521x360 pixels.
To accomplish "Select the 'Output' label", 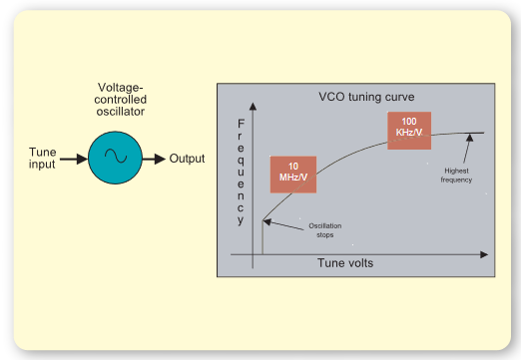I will pyautogui.click(x=187, y=158).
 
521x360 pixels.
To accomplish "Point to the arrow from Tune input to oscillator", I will pyautogui.click(x=71, y=158).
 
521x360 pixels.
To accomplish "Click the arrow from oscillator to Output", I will pyautogui.click(x=152, y=158).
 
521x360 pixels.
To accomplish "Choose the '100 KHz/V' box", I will pyautogui.click(x=410, y=127).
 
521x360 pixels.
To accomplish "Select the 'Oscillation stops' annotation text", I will pyautogui.click(x=325, y=231).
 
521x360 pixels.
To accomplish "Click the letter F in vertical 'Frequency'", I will pyautogui.click(x=241, y=125).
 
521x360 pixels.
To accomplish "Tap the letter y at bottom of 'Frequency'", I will pyautogui.click(x=241, y=220).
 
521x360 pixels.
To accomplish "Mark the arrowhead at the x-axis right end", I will pyautogui.click(x=489, y=255).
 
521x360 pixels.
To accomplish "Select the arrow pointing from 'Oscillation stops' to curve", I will pyautogui.click(x=283, y=224).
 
